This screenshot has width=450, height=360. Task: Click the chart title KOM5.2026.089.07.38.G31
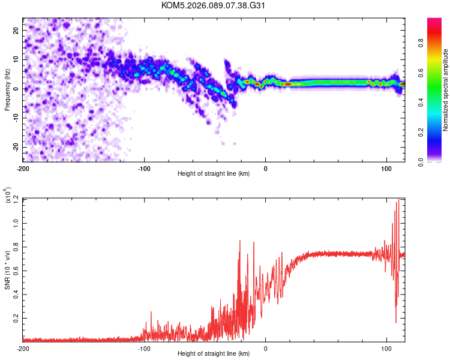pos(214,5)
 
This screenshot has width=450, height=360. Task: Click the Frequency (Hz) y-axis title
pos(8,90)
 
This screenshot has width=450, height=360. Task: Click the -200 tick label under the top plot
pos(23,168)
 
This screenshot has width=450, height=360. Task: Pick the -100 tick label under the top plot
pos(144,168)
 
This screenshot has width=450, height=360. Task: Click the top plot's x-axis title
pos(214,175)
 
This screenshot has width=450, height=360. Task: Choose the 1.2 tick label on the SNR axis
pos(15,198)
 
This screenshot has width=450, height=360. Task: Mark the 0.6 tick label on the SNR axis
pos(15,269)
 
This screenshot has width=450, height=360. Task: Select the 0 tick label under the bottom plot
pos(266,347)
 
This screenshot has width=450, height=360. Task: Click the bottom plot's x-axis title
pos(214,354)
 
